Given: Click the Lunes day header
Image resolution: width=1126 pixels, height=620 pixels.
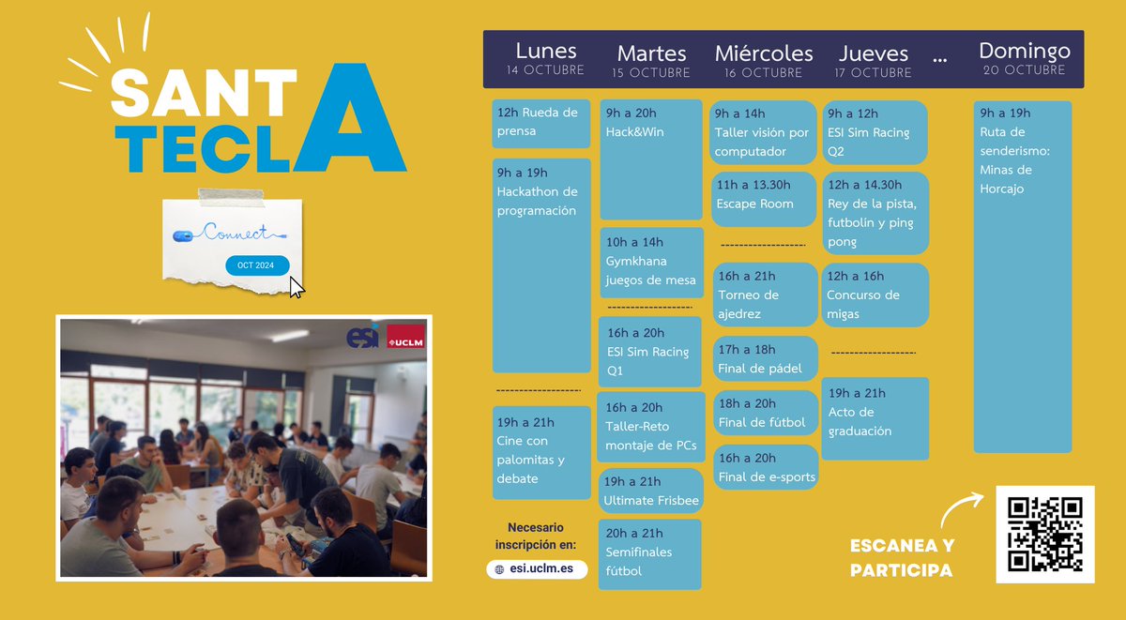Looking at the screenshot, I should pyautogui.click(x=545, y=58).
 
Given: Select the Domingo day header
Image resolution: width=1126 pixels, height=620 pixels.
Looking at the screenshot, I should pyautogui.click(x=1024, y=58).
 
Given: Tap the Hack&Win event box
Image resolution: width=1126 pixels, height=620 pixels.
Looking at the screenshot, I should pyautogui.click(x=651, y=159).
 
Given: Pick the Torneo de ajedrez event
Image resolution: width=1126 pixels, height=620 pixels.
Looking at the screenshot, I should pyautogui.click(x=764, y=294).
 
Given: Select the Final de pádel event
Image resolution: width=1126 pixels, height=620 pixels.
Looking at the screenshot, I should pyautogui.click(x=764, y=359).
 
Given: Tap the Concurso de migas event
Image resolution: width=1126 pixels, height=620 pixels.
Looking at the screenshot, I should pyautogui.click(x=875, y=295).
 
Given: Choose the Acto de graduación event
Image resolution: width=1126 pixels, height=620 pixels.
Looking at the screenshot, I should pyautogui.click(x=875, y=418).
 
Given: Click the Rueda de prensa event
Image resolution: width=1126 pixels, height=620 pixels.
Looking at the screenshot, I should pyautogui.click(x=541, y=123).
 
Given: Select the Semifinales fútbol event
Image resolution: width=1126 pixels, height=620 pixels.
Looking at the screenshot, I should pyautogui.click(x=651, y=553).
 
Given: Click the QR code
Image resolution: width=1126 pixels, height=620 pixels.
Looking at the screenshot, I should pyautogui.click(x=1044, y=534).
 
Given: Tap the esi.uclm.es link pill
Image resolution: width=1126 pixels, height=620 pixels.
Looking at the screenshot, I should pyautogui.click(x=537, y=569).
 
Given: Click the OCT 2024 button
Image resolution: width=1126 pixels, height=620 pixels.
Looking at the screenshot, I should pyautogui.click(x=256, y=265).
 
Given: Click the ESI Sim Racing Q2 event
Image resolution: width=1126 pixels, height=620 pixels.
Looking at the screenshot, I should pyautogui.click(x=875, y=132).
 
